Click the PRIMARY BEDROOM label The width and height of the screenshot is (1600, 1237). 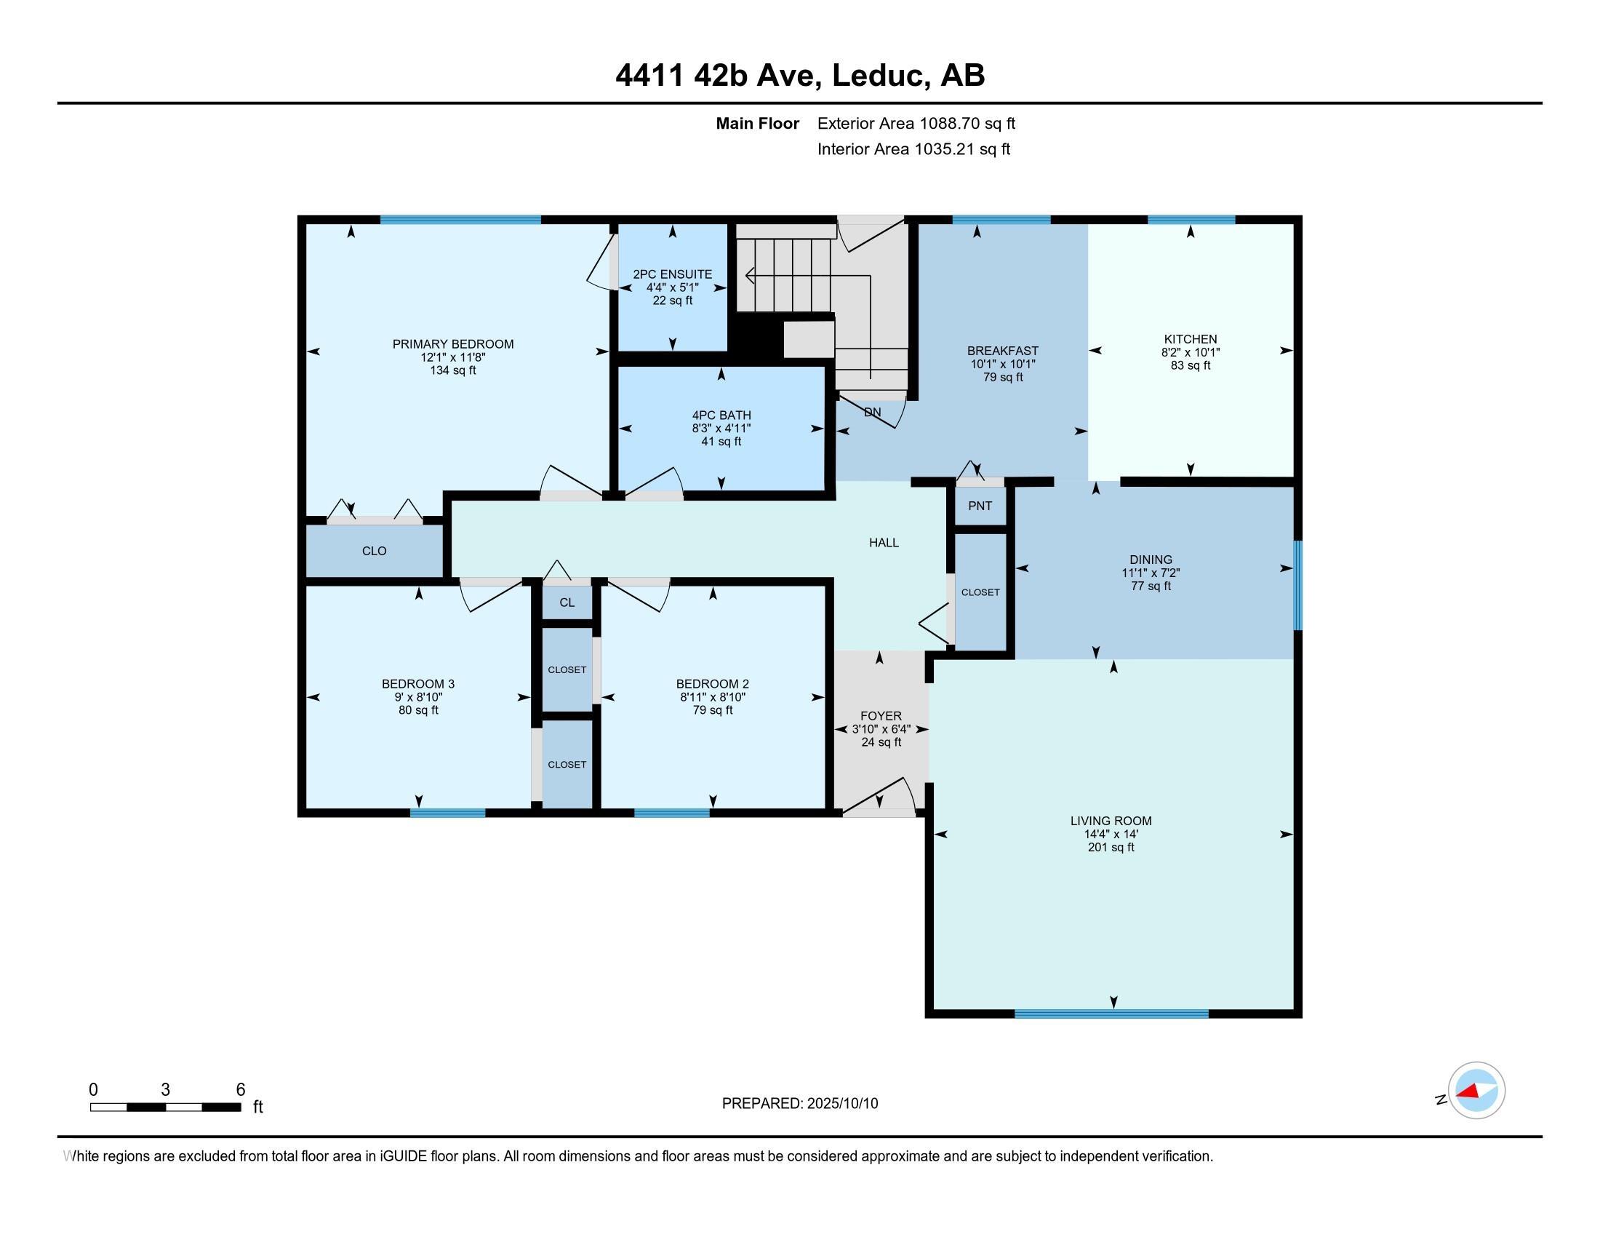click(x=453, y=344)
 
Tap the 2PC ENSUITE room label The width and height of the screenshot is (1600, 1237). click(x=673, y=275)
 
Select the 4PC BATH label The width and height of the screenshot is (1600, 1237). click(x=721, y=415)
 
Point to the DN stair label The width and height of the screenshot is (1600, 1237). click(x=872, y=413)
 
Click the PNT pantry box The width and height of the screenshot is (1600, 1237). click(x=980, y=506)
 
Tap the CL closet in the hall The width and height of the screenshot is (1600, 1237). click(x=567, y=602)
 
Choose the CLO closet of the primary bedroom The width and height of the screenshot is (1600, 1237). click(x=375, y=551)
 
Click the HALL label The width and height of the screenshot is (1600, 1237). click(x=884, y=543)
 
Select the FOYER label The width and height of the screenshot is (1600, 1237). click(x=881, y=716)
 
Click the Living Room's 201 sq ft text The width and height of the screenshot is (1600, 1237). click(x=1111, y=848)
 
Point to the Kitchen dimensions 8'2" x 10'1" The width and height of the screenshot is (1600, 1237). click(x=1191, y=352)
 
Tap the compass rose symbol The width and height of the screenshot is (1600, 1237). click(x=1476, y=1091)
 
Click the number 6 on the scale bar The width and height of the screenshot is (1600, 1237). click(x=240, y=1090)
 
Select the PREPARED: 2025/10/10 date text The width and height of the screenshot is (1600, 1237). click(x=800, y=1104)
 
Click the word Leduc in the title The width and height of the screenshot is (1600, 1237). click(x=876, y=76)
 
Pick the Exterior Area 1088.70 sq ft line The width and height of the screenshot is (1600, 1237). click(x=916, y=124)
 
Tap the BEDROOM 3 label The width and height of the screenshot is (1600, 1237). click(x=418, y=685)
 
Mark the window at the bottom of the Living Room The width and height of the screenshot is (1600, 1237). click(x=1111, y=1014)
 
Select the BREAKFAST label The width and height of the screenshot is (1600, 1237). click(x=1003, y=351)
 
